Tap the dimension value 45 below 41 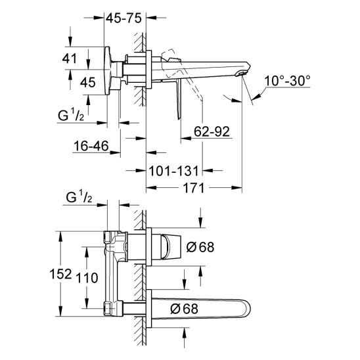(87, 81)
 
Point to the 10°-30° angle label (287, 81)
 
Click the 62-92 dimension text (212, 131)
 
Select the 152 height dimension (60, 275)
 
